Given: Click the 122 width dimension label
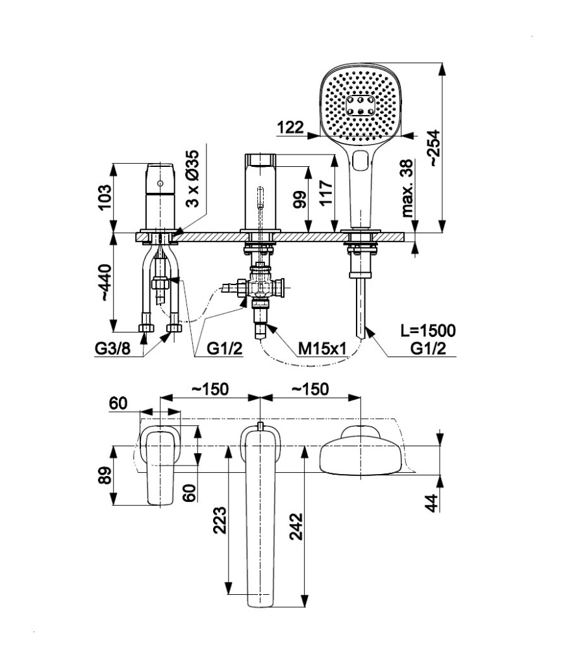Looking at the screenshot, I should [x=290, y=127].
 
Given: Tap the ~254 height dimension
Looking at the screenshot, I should [x=433, y=149].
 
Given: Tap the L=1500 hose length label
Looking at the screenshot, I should [x=427, y=331].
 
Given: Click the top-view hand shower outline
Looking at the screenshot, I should [x=361, y=452].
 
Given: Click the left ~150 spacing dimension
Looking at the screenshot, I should [x=209, y=389].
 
